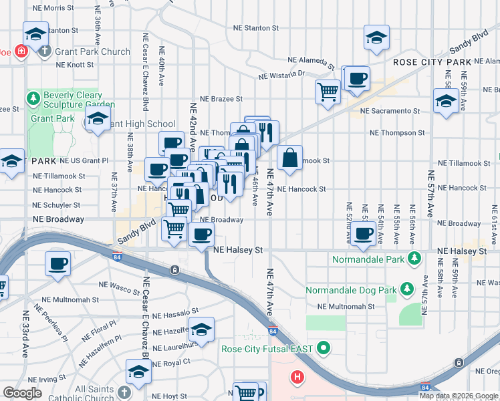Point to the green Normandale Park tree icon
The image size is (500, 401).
[414, 257]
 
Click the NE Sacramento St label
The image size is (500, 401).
[389, 111]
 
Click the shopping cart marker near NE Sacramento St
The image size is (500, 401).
[328, 91]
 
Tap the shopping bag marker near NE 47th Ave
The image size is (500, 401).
[290, 158]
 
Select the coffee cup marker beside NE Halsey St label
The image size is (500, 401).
[201, 235]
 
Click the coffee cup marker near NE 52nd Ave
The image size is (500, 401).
[364, 233]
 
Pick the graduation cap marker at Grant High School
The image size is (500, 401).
[98, 120]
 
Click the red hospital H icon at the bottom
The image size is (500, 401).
[297, 377]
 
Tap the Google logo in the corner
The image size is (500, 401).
[22, 392]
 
